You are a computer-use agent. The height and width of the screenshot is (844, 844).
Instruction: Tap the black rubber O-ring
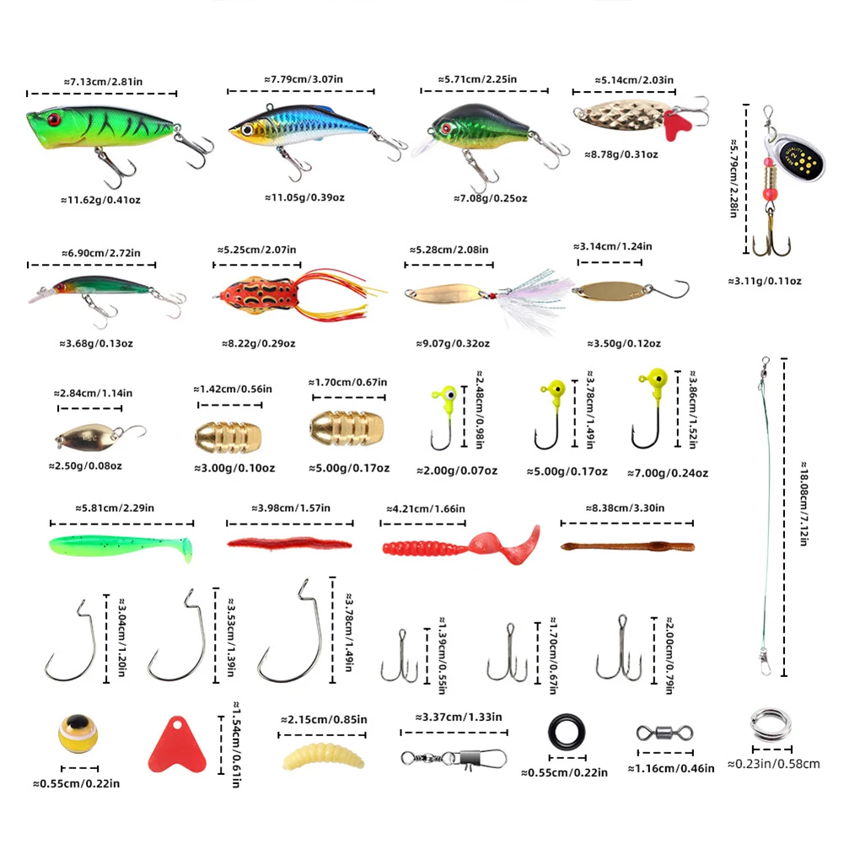563,729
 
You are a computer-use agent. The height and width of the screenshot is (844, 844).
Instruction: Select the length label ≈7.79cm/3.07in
304,78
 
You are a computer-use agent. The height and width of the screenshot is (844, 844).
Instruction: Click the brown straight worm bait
627,546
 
